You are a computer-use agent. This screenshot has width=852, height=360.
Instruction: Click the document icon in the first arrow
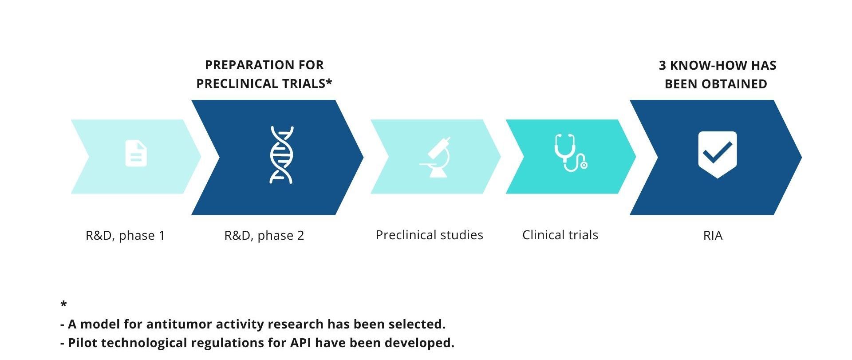point(136,154)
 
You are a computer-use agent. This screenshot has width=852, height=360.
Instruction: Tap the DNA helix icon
point(282,155)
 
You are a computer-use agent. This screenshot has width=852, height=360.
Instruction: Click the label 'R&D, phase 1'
point(125,235)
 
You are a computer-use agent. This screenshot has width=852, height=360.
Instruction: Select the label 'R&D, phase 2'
point(264,235)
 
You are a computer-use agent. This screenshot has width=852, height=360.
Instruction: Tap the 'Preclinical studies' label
point(429,235)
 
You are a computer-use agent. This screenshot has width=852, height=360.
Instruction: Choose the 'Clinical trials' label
point(560,235)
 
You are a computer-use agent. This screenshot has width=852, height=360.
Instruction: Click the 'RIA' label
point(713,235)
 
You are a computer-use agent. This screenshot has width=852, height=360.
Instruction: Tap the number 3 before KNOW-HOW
point(663,66)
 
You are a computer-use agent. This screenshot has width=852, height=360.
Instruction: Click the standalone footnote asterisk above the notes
point(63,304)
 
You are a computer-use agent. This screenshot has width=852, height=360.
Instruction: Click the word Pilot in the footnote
point(80,343)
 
